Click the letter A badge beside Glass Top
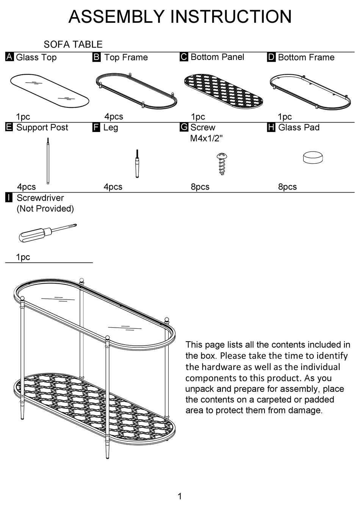click(x=9, y=57)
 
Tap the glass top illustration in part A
click(x=50, y=91)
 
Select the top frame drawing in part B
click(x=136, y=91)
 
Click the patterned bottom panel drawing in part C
click(x=224, y=91)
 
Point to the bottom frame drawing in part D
click(x=310, y=92)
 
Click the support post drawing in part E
click(x=48, y=161)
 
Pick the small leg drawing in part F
click(x=137, y=164)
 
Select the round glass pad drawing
click(x=313, y=157)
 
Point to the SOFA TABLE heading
click(x=73, y=44)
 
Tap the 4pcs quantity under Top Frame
click(x=114, y=116)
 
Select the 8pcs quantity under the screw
click(x=200, y=187)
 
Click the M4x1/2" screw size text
click(x=206, y=138)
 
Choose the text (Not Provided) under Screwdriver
click(x=45, y=209)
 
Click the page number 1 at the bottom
click(x=180, y=496)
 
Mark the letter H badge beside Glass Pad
click(x=271, y=127)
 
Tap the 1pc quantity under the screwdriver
click(x=23, y=257)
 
